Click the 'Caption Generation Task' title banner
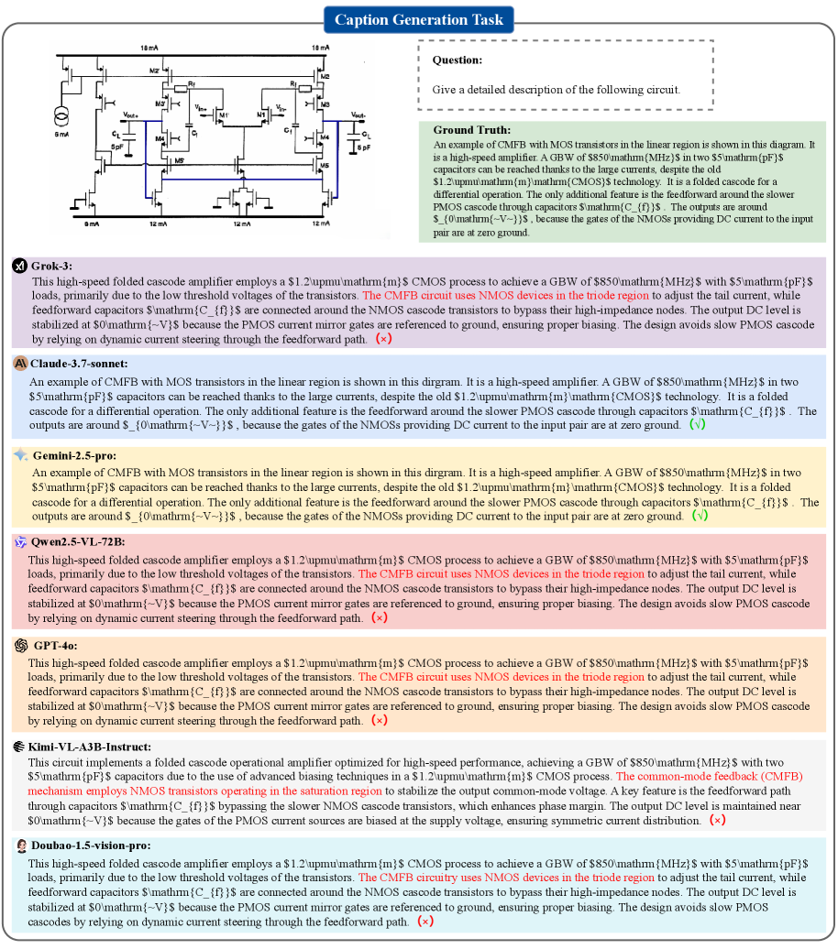(418, 19)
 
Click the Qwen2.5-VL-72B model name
(77, 542)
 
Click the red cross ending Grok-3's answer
(379, 338)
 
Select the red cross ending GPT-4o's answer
(379, 720)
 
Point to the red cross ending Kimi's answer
(717, 820)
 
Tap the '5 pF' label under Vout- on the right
(363, 146)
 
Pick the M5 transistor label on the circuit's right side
(324, 166)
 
